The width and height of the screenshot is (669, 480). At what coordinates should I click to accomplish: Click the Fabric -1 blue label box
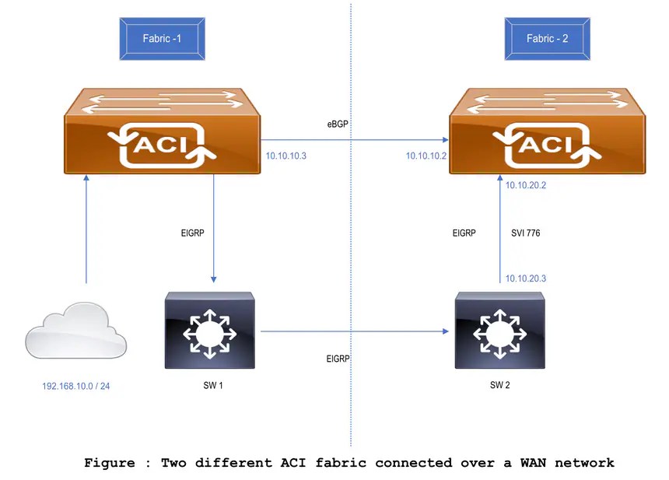tap(162, 39)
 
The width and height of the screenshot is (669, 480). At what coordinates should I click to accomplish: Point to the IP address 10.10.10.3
tap(285, 156)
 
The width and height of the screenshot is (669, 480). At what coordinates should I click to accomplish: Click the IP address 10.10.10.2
tap(426, 156)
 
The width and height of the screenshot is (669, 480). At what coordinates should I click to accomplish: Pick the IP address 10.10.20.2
tap(526, 185)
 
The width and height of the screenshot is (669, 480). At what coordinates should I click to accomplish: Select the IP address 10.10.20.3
tap(526, 278)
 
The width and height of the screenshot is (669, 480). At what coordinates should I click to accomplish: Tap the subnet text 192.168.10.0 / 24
tap(75, 385)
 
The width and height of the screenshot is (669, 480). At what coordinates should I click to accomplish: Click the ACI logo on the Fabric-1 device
tap(162, 145)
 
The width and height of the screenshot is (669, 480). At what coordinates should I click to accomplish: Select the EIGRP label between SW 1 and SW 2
tap(338, 359)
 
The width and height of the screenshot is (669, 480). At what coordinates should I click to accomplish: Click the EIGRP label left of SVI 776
tap(464, 232)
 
